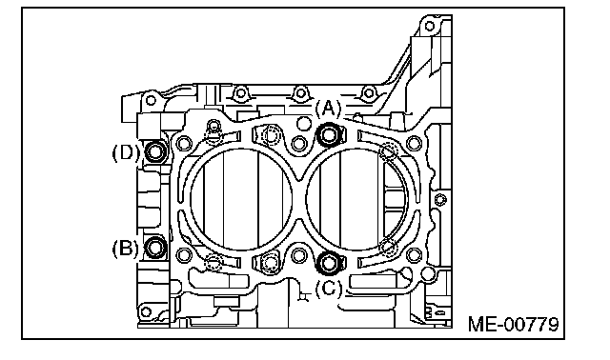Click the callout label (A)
[x=328, y=109]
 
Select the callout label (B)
[x=125, y=248]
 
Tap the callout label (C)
[x=328, y=288]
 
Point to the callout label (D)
[x=126, y=152]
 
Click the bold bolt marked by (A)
[x=329, y=135]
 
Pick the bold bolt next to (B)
[x=155, y=248]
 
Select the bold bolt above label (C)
[x=329, y=263]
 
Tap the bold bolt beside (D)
[x=155, y=151]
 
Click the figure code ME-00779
[x=513, y=324]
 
